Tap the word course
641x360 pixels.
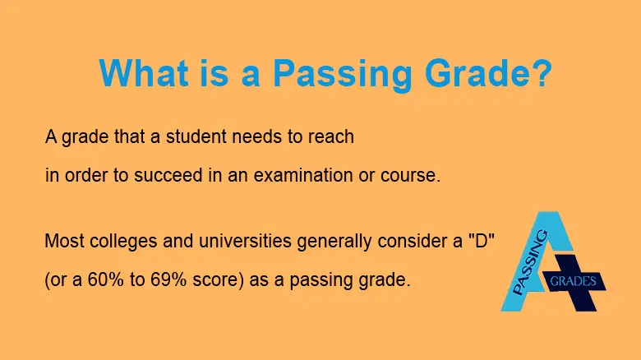coord(415,176)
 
